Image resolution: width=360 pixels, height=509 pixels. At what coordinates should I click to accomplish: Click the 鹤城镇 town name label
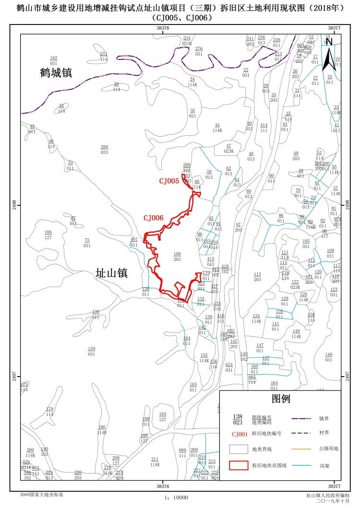pos(56,73)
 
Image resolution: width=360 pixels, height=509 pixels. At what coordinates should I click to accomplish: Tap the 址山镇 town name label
pos(111,273)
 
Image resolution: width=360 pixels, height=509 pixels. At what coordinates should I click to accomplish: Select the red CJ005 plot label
pos(169,181)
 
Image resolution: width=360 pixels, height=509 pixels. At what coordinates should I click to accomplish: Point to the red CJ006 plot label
pos(153,218)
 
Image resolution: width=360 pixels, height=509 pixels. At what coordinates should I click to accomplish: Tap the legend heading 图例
pos(281,399)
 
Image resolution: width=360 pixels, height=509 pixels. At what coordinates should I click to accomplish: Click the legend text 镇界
pos(324,418)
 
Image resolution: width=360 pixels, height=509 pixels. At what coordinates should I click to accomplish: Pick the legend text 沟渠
pos(324,465)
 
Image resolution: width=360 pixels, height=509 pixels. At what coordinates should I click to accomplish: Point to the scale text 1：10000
pos(176,498)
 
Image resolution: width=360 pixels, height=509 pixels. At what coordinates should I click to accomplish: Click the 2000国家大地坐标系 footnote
pos(41,494)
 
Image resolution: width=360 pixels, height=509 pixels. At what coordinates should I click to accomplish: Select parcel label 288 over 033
pos(104,150)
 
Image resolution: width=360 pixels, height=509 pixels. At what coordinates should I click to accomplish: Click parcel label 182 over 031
pos(53,60)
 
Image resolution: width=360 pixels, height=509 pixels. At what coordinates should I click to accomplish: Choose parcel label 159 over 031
pos(91,351)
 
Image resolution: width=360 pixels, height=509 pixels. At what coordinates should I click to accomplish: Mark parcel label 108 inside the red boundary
pos(177,257)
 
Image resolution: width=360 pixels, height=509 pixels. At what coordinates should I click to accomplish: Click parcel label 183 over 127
pos(163,416)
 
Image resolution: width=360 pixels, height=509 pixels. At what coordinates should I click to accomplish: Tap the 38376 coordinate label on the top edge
pos(163,28)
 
